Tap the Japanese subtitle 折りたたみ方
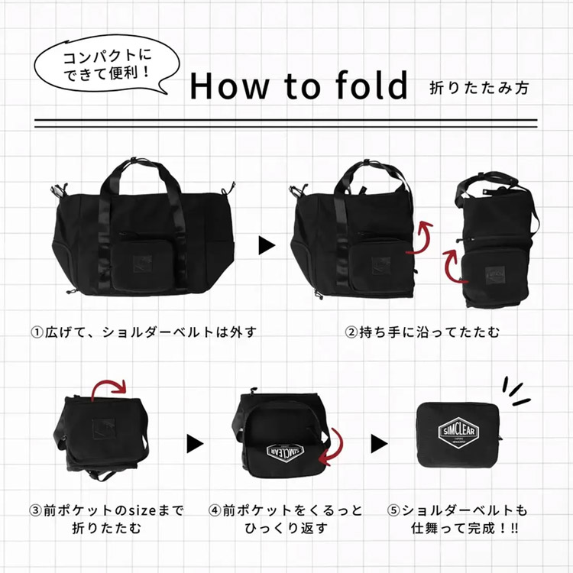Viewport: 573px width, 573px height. [478, 87]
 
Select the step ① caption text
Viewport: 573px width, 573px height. [143, 332]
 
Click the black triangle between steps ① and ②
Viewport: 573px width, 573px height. [266, 245]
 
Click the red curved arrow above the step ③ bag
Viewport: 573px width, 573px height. [112, 389]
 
